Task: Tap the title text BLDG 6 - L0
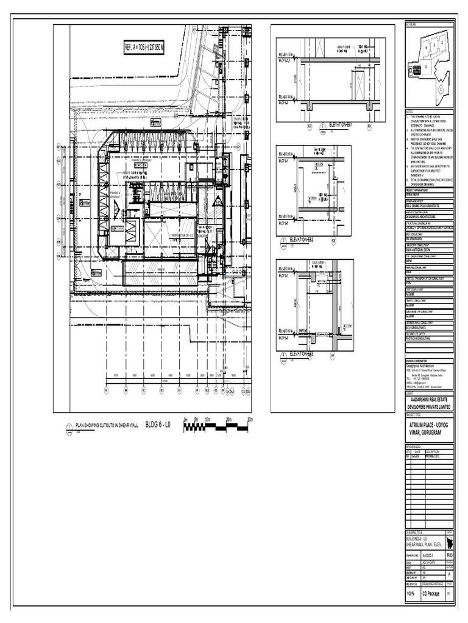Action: click(161, 425)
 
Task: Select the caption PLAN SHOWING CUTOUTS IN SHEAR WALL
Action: click(106, 426)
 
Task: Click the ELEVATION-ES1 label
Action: click(341, 125)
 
